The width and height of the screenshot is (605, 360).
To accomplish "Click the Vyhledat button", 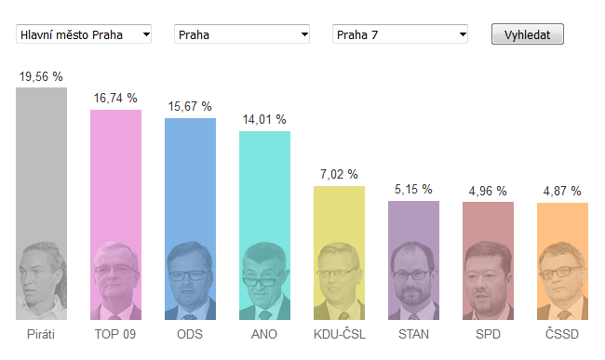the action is [x=528, y=34].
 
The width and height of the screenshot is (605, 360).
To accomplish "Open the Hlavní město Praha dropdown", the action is [x=84, y=34].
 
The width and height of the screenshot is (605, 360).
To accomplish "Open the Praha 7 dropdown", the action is [x=400, y=34].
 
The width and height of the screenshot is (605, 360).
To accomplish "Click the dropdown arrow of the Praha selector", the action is [x=304, y=34].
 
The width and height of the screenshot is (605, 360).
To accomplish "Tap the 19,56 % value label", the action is [x=41, y=76].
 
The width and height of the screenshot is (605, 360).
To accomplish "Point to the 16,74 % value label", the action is [x=115, y=99].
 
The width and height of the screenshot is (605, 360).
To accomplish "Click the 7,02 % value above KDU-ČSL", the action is [x=339, y=174].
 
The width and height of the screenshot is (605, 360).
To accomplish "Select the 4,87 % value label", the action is [x=562, y=191].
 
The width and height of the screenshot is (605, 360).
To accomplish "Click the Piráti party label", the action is [x=41, y=334].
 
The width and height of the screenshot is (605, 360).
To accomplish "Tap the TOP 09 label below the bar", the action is [x=115, y=334].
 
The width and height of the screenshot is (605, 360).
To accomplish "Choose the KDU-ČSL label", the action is [x=339, y=334].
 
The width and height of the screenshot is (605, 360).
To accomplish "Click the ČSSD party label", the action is [x=562, y=334].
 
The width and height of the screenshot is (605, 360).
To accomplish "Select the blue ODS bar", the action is [x=190, y=219].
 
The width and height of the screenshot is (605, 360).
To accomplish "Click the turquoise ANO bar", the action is [x=264, y=225].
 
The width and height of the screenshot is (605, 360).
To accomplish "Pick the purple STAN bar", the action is [x=413, y=260].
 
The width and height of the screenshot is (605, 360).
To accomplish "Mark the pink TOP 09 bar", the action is [x=115, y=215].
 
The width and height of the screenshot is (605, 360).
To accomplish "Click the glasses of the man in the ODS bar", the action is [x=187, y=275].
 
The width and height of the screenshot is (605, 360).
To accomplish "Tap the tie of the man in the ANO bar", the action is [x=264, y=315].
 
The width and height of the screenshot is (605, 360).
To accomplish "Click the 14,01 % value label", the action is [x=264, y=120].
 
